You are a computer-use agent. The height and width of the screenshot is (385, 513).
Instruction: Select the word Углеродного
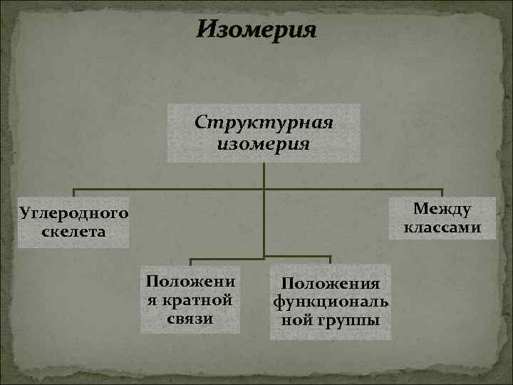[x=74, y=213]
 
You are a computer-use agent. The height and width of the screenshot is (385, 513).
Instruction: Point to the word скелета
[x=74, y=232]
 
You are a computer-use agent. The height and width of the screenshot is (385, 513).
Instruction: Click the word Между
[x=442, y=210]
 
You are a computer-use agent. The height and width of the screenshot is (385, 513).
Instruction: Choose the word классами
[x=442, y=227]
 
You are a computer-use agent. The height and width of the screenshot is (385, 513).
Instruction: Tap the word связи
[x=190, y=318]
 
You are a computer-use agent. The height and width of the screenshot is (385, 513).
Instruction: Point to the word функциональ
[x=331, y=303]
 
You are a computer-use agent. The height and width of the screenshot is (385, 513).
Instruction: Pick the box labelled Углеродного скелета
[x=74, y=222]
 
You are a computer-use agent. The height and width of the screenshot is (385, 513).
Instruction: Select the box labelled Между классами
[x=442, y=219]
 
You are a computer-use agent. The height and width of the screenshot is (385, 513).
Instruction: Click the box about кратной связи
[x=190, y=300]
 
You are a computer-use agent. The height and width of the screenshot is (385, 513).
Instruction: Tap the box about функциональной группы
[x=331, y=302]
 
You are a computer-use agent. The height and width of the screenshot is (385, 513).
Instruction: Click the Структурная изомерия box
[x=264, y=133]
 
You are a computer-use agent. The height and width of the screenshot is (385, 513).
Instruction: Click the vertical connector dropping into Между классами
[x=442, y=194]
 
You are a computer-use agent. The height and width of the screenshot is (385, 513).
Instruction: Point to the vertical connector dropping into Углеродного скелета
[x=75, y=193]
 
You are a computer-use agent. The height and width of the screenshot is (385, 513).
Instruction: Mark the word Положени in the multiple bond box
[x=190, y=280]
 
